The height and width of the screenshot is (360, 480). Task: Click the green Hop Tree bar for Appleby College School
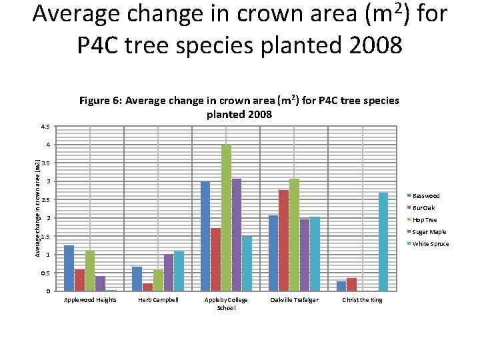click(x=226, y=217)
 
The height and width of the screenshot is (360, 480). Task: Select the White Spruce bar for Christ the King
click(x=383, y=242)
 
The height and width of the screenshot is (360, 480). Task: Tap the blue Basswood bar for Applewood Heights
click(x=69, y=268)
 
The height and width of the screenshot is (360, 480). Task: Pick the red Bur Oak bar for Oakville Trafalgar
click(x=283, y=241)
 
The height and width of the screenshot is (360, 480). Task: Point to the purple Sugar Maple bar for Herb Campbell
click(x=169, y=273)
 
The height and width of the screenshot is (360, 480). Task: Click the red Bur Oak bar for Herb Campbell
click(x=147, y=287)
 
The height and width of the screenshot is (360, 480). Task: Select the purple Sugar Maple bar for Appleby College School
click(x=236, y=235)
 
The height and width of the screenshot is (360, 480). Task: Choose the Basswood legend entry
click(x=423, y=196)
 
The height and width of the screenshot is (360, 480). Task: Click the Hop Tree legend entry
click(x=422, y=220)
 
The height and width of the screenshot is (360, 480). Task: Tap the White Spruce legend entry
click(x=427, y=244)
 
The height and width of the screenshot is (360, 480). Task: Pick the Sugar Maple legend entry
click(x=427, y=232)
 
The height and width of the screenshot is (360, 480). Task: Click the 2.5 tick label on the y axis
click(x=45, y=199)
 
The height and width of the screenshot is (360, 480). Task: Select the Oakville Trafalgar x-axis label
click(x=294, y=300)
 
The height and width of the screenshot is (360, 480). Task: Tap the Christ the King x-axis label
click(x=362, y=300)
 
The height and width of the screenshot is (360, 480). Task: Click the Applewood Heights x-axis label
click(x=90, y=300)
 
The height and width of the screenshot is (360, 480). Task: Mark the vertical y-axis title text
click(x=37, y=209)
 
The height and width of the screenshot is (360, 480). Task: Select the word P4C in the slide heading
click(x=97, y=45)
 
